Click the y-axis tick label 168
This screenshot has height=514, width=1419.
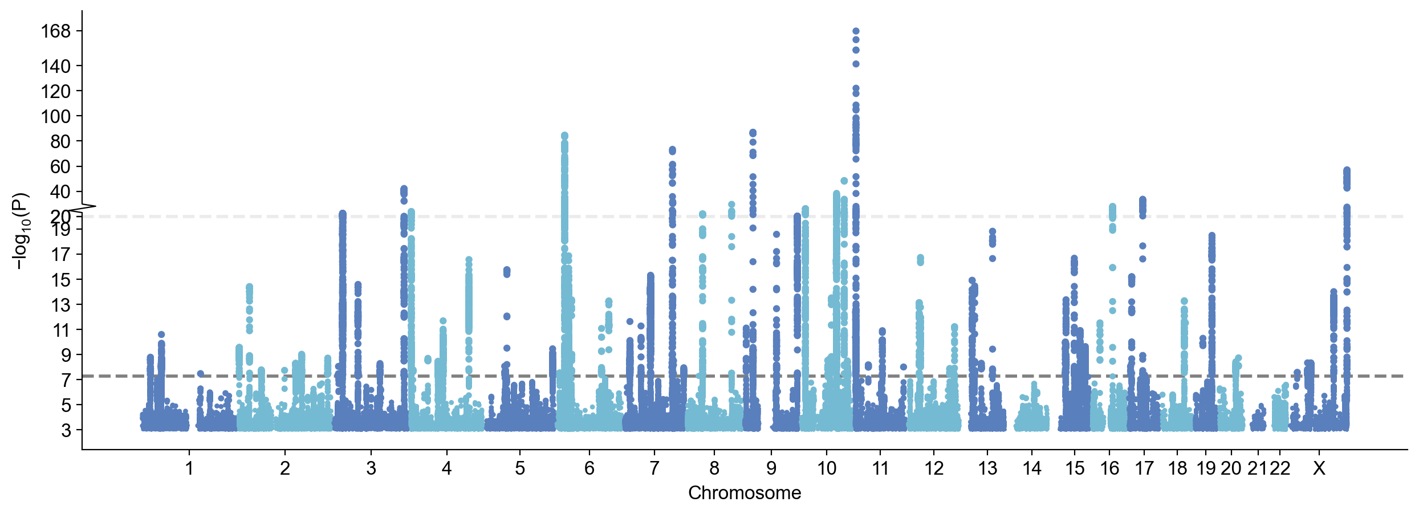pyautogui.click(x=55, y=31)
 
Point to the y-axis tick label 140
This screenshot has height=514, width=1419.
pyautogui.click(x=55, y=66)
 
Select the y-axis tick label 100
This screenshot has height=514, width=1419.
pyautogui.click(x=55, y=116)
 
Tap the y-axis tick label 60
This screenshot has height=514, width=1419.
pyautogui.click(x=60, y=166)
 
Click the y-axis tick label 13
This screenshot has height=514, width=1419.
pyautogui.click(x=61, y=305)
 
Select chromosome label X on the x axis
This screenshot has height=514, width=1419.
pyautogui.click(x=1319, y=468)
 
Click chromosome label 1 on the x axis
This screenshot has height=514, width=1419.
pyautogui.click(x=189, y=468)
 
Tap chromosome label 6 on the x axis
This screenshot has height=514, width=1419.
pyautogui.click(x=589, y=468)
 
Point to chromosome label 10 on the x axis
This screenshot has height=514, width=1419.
pyautogui.click(x=827, y=468)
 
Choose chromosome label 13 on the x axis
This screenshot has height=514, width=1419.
pyautogui.click(x=987, y=468)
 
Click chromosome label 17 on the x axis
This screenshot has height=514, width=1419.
pyautogui.click(x=1144, y=468)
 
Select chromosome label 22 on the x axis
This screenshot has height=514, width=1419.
pyautogui.click(x=1280, y=468)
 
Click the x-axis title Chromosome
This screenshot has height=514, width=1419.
pyautogui.click(x=745, y=493)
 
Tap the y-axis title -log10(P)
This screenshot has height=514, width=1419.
pyautogui.click(x=21, y=231)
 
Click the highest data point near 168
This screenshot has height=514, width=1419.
pyautogui.click(x=856, y=31)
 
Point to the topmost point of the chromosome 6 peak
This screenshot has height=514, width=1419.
pyautogui.click(x=564, y=136)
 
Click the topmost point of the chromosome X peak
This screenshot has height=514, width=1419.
pyautogui.click(x=1347, y=170)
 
